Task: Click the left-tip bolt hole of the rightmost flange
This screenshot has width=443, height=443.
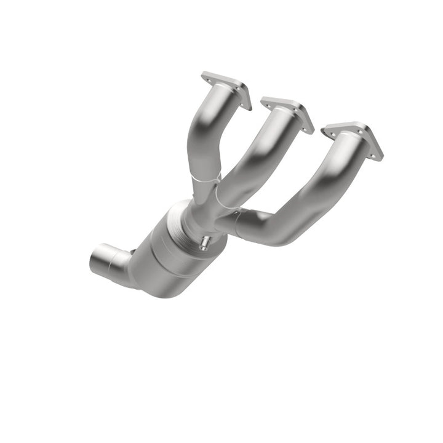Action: point(325,130)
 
